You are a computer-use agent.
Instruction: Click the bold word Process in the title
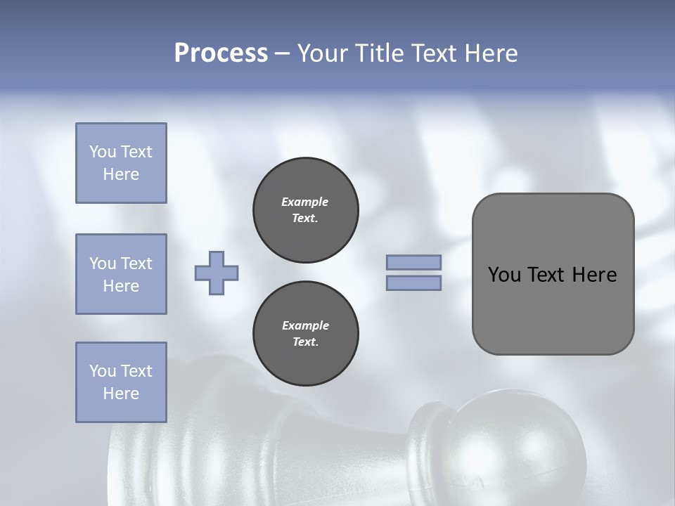coord(221,53)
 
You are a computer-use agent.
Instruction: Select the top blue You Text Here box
coord(121,163)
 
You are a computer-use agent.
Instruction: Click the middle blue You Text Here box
coord(121,274)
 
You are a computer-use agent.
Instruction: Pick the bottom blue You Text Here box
coord(121,382)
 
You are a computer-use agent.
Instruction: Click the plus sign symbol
coord(217,273)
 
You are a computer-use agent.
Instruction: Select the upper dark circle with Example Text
coord(305,210)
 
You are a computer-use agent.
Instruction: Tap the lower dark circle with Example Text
coord(305,334)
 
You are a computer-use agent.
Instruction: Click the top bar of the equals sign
coord(413,263)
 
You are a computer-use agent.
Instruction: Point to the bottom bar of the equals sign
coord(413,283)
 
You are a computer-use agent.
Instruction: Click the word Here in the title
coord(490,53)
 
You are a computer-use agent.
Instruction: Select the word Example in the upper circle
coord(305,202)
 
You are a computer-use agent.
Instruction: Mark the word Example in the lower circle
coord(305,325)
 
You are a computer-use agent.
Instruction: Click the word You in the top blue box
coord(103,152)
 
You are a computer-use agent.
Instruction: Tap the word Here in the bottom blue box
coord(121,394)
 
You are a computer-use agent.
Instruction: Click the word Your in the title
coord(323,53)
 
